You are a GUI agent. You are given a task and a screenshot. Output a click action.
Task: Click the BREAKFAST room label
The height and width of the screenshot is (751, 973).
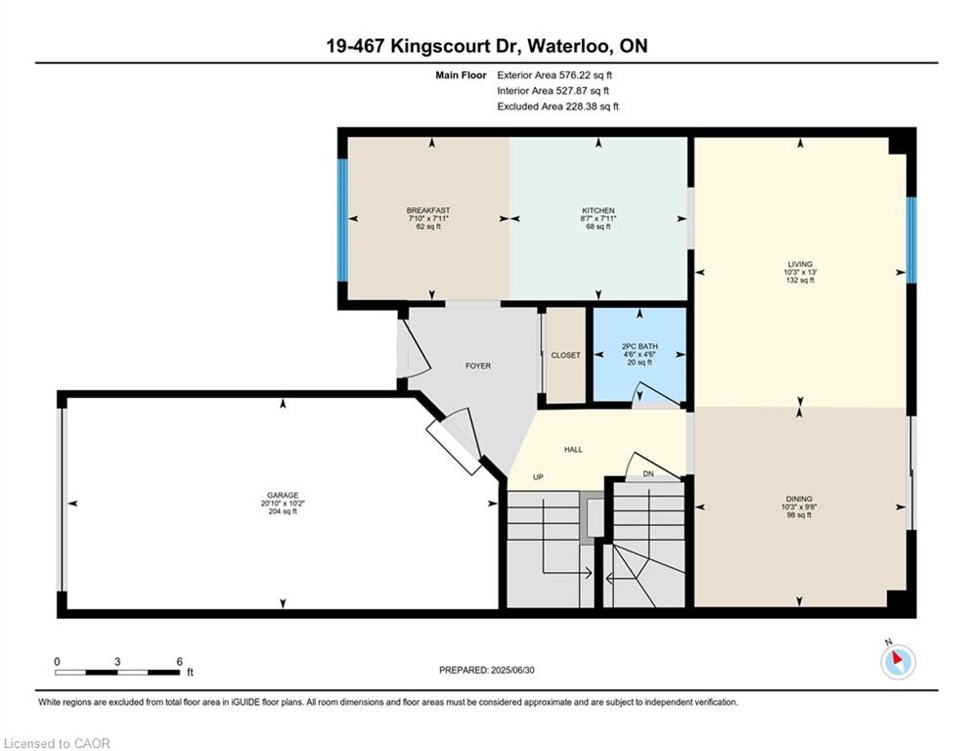coord(428,210)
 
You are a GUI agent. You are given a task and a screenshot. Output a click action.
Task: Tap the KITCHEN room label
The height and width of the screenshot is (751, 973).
coord(598,210)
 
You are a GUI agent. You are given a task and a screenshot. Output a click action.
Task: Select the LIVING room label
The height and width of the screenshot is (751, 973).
coord(800,264)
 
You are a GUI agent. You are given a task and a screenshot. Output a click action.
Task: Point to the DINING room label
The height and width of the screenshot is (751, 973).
coord(799,499)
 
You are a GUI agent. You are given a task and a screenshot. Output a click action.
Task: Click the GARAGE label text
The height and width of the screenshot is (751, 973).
coord(283,495)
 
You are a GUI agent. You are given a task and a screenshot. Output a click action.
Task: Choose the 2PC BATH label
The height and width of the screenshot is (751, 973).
coord(640,346)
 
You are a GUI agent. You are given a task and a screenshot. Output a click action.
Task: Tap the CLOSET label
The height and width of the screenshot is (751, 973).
coord(566,355)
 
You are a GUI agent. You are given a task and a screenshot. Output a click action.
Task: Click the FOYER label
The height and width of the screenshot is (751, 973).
coord(478,366)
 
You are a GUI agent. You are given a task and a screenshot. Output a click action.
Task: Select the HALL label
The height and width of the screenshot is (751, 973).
coord(573,450)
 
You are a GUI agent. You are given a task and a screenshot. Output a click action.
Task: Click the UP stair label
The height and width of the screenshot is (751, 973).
coord(538,477)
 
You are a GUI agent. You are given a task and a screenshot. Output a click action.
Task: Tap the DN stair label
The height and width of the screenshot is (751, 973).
coord(648,473)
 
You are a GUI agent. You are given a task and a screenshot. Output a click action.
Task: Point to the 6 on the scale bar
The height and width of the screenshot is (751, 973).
coord(179,662)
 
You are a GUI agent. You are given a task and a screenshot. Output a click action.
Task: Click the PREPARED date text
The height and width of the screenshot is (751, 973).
coord(487,670)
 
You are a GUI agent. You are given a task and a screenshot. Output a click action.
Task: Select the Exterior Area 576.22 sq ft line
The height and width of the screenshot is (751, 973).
coord(554,75)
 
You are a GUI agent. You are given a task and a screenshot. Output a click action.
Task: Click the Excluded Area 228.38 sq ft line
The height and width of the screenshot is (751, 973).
coord(557,107)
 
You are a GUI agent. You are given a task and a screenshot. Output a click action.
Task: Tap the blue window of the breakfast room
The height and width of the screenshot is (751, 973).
coord(342,220)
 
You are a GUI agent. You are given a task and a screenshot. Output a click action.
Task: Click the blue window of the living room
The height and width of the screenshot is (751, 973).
coord(911,241)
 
